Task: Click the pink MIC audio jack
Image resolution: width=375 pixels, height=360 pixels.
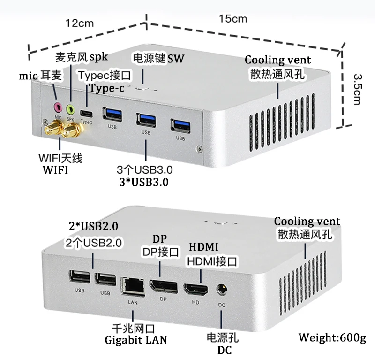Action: (x=58, y=107)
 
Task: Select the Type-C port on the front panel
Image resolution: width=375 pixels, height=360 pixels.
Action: (x=86, y=113)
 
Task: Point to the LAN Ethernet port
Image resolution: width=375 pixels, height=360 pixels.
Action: (x=133, y=286)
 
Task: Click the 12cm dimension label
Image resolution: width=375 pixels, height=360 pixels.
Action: (x=80, y=23)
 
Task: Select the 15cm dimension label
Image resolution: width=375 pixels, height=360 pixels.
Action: (x=233, y=19)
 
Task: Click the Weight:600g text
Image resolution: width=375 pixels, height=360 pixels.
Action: (x=332, y=337)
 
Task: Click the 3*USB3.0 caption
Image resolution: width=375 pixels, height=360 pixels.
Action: (x=146, y=181)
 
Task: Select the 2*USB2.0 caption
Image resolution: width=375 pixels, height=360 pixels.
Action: (x=93, y=226)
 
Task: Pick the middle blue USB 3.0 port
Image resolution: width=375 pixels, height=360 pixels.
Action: (x=146, y=119)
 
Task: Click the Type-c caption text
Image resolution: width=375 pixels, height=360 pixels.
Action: (x=108, y=88)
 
